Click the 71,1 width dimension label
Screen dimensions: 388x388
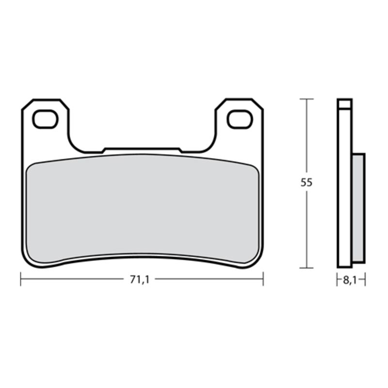[x=139, y=279]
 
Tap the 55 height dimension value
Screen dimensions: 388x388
[x=306, y=183]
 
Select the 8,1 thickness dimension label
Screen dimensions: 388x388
[x=351, y=280]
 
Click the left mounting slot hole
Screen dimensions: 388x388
[x=45, y=119]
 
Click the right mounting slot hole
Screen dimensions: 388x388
[x=240, y=119]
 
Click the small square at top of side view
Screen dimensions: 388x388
[x=345, y=103]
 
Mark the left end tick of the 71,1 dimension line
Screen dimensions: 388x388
[x=21, y=279]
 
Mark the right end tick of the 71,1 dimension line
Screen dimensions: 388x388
[x=263, y=279]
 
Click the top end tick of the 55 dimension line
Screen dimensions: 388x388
[x=306, y=99]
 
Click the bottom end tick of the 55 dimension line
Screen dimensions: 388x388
[x=306, y=267]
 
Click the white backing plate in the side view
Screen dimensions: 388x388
[x=345, y=194]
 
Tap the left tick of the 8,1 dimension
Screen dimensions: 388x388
[x=338, y=279]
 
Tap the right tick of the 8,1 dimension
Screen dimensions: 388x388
[x=365, y=279]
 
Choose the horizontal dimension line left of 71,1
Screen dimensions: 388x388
[x=73, y=279]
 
